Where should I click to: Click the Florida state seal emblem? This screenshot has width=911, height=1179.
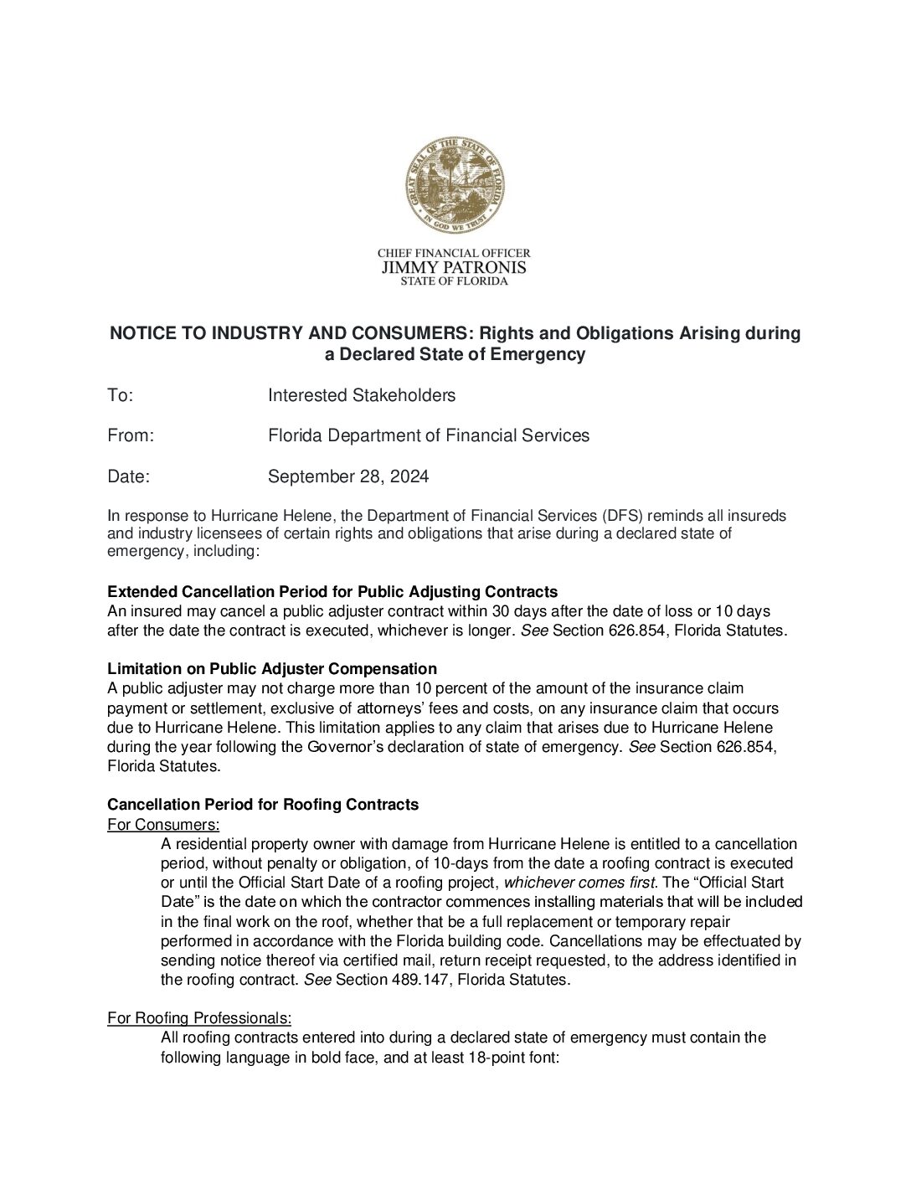[455, 185]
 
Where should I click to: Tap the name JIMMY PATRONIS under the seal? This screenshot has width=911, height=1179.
[454, 267]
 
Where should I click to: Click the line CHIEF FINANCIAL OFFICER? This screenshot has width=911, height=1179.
[454, 253]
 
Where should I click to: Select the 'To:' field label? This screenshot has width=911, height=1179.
[121, 395]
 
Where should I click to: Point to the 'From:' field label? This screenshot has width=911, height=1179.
[131, 435]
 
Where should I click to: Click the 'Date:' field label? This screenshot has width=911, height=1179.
[128, 476]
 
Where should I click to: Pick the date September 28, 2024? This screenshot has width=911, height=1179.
[348, 476]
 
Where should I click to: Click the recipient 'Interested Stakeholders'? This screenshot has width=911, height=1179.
[362, 395]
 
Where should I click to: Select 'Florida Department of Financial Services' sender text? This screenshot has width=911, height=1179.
[429, 435]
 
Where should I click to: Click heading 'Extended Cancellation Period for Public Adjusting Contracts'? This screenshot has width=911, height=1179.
[332, 592]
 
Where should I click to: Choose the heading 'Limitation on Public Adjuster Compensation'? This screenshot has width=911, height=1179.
[272, 669]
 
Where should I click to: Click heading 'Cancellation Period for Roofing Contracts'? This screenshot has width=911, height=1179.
[263, 805]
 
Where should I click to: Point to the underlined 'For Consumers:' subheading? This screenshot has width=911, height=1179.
[163, 825]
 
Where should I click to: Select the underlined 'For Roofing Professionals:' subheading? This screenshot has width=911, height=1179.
[199, 1018]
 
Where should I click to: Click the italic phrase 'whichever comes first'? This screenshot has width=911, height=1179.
[579, 883]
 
